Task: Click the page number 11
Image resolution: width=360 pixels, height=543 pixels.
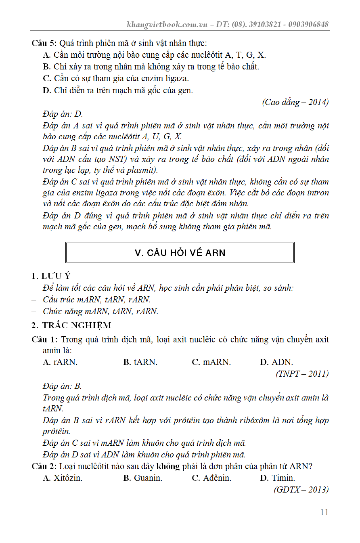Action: coord(324,512)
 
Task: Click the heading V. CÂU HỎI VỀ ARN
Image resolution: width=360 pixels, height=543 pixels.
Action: coord(180,253)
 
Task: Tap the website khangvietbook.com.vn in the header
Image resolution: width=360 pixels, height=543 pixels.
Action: coord(167,24)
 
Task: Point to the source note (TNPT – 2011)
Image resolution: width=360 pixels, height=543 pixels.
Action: coord(302,374)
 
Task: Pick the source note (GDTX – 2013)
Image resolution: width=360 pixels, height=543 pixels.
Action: coord(301,490)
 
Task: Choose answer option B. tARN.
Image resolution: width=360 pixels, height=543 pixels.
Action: coord(140,362)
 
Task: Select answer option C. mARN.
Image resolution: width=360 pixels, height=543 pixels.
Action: coord(211,362)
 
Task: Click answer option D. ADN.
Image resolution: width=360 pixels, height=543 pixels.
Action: coord(276,362)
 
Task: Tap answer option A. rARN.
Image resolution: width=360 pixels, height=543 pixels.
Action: coord(60,362)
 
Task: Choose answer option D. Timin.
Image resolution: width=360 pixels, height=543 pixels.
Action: coord(277,478)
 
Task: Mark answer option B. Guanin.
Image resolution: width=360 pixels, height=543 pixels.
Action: coord(142,478)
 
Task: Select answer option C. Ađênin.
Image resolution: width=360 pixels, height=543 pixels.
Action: coord(211,478)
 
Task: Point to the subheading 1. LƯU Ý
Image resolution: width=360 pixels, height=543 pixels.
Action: coord(51,276)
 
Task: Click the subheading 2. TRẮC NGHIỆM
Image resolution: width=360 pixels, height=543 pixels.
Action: coord(71,325)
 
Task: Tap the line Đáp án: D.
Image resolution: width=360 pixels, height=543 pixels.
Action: coord(63,114)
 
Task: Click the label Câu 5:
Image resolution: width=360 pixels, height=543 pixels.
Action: coord(44,43)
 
